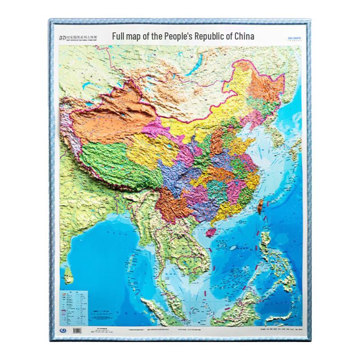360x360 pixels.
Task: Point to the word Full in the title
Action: [119, 36]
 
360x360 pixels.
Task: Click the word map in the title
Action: [136, 36]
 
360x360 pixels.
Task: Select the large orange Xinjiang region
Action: [112, 112]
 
